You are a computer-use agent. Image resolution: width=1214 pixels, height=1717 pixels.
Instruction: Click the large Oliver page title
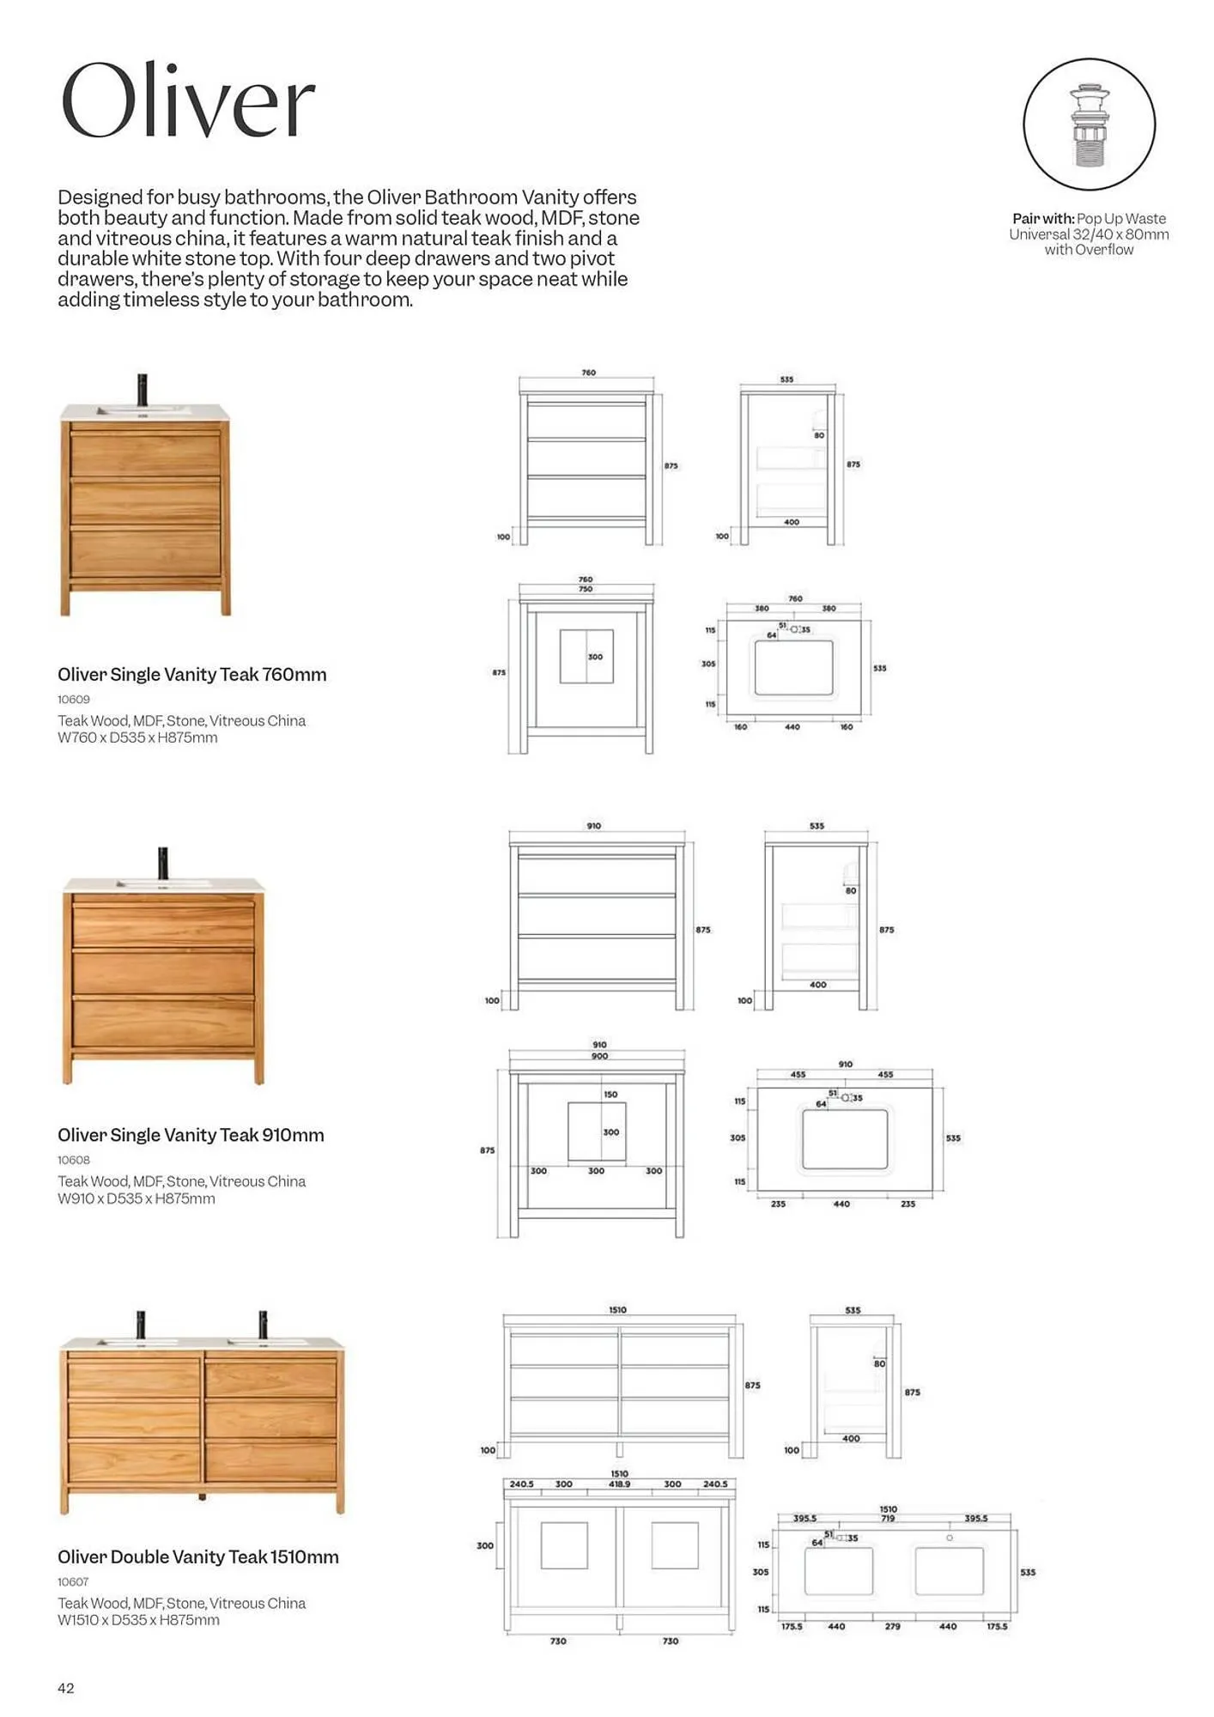pyautogui.click(x=187, y=101)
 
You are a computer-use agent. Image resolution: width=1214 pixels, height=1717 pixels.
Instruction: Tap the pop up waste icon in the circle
pyautogui.click(x=1089, y=125)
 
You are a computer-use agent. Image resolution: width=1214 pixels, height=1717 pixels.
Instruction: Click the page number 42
pyautogui.click(x=66, y=1688)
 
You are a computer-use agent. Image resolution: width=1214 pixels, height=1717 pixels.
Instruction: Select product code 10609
pyautogui.click(x=74, y=699)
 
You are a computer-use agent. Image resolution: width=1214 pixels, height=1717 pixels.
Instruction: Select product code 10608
pyautogui.click(x=74, y=1160)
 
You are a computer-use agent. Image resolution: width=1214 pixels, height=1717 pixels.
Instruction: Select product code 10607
pyautogui.click(x=74, y=1581)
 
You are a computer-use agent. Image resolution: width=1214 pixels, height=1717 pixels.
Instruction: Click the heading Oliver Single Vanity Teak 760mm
pyautogui.click(x=191, y=675)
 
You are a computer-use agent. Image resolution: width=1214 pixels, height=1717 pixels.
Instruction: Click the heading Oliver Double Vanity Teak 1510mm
pyautogui.click(x=197, y=1557)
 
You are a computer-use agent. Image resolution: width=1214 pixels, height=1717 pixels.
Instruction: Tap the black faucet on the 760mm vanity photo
pyautogui.click(x=143, y=390)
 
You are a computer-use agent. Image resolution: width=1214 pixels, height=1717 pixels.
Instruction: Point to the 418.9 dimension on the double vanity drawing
pyautogui.click(x=618, y=1483)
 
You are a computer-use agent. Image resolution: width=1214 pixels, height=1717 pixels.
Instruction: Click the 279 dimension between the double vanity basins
pyautogui.click(x=892, y=1626)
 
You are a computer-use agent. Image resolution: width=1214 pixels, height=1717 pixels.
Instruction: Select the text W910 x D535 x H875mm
pyautogui.click(x=136, y=1198)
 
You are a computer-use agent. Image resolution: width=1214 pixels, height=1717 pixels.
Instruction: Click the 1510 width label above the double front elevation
pyautogui.click(x=617, y=1310)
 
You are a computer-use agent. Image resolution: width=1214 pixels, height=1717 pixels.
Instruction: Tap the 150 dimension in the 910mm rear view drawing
pyautogui.click(x=610, y=1095)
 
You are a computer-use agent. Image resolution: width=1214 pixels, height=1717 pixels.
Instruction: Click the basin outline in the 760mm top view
pyautogui.click(x=793, y=667)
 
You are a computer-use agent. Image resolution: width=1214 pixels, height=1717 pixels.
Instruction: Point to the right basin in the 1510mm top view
pyautogui.click(x=949, y=1571)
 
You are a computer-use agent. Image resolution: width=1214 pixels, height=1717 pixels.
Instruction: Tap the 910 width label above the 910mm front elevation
pyautogui.click(x=593, y=826)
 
